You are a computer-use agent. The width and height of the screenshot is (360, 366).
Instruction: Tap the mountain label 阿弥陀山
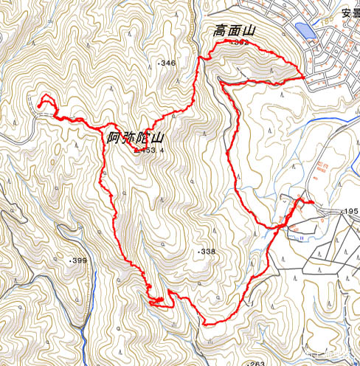[x=134, y=137]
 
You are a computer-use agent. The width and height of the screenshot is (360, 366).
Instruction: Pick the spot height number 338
[x=208, y=252]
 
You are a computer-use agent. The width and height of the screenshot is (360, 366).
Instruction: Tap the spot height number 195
[x=350, y=212]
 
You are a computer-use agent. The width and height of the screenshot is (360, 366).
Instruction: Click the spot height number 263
[x=257, y=363]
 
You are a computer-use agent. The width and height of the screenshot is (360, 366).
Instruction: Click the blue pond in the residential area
[x=303, y=31]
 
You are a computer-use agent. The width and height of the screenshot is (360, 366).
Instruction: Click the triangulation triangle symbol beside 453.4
[x=137, y=150]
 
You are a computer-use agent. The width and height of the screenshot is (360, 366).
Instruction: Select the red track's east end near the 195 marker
[x=314, y=202]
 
